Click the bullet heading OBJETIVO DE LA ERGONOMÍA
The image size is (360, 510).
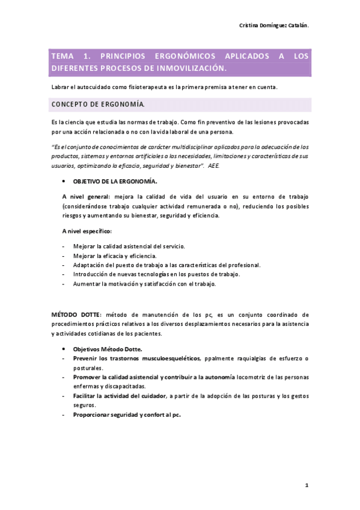[115, 180]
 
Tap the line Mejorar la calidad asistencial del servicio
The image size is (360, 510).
[129, 247]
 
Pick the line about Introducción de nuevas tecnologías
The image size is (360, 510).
[156, 274]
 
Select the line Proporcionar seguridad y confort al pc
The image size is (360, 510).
[126, 415]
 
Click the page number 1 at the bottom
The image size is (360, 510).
[306, 484]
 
